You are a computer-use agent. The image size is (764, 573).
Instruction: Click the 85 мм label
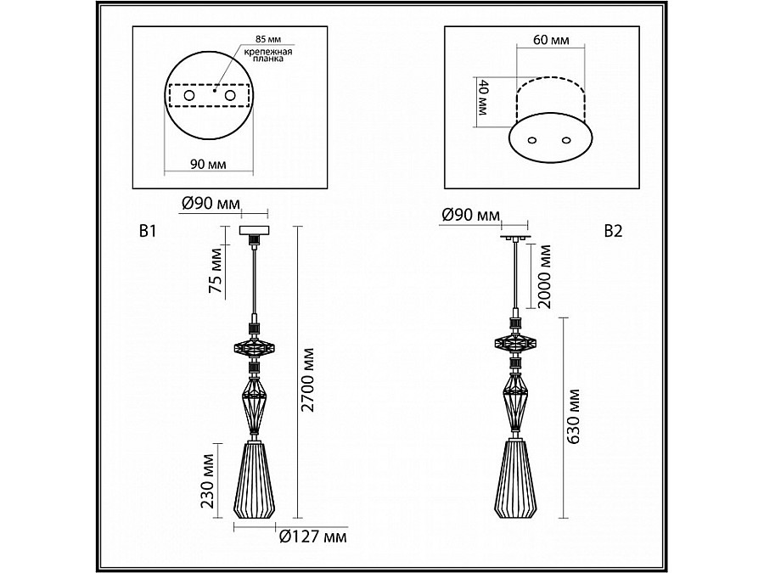268,39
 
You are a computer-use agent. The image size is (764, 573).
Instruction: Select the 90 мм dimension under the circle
208,164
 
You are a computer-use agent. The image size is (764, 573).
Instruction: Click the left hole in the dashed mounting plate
188,95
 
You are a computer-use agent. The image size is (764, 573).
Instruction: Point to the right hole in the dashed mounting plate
230,95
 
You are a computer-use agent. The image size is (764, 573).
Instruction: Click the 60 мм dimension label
551,39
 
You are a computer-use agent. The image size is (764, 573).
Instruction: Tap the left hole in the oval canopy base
532,140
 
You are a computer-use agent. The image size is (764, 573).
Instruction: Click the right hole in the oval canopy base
565,140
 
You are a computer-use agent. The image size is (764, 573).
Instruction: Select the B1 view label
148,231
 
